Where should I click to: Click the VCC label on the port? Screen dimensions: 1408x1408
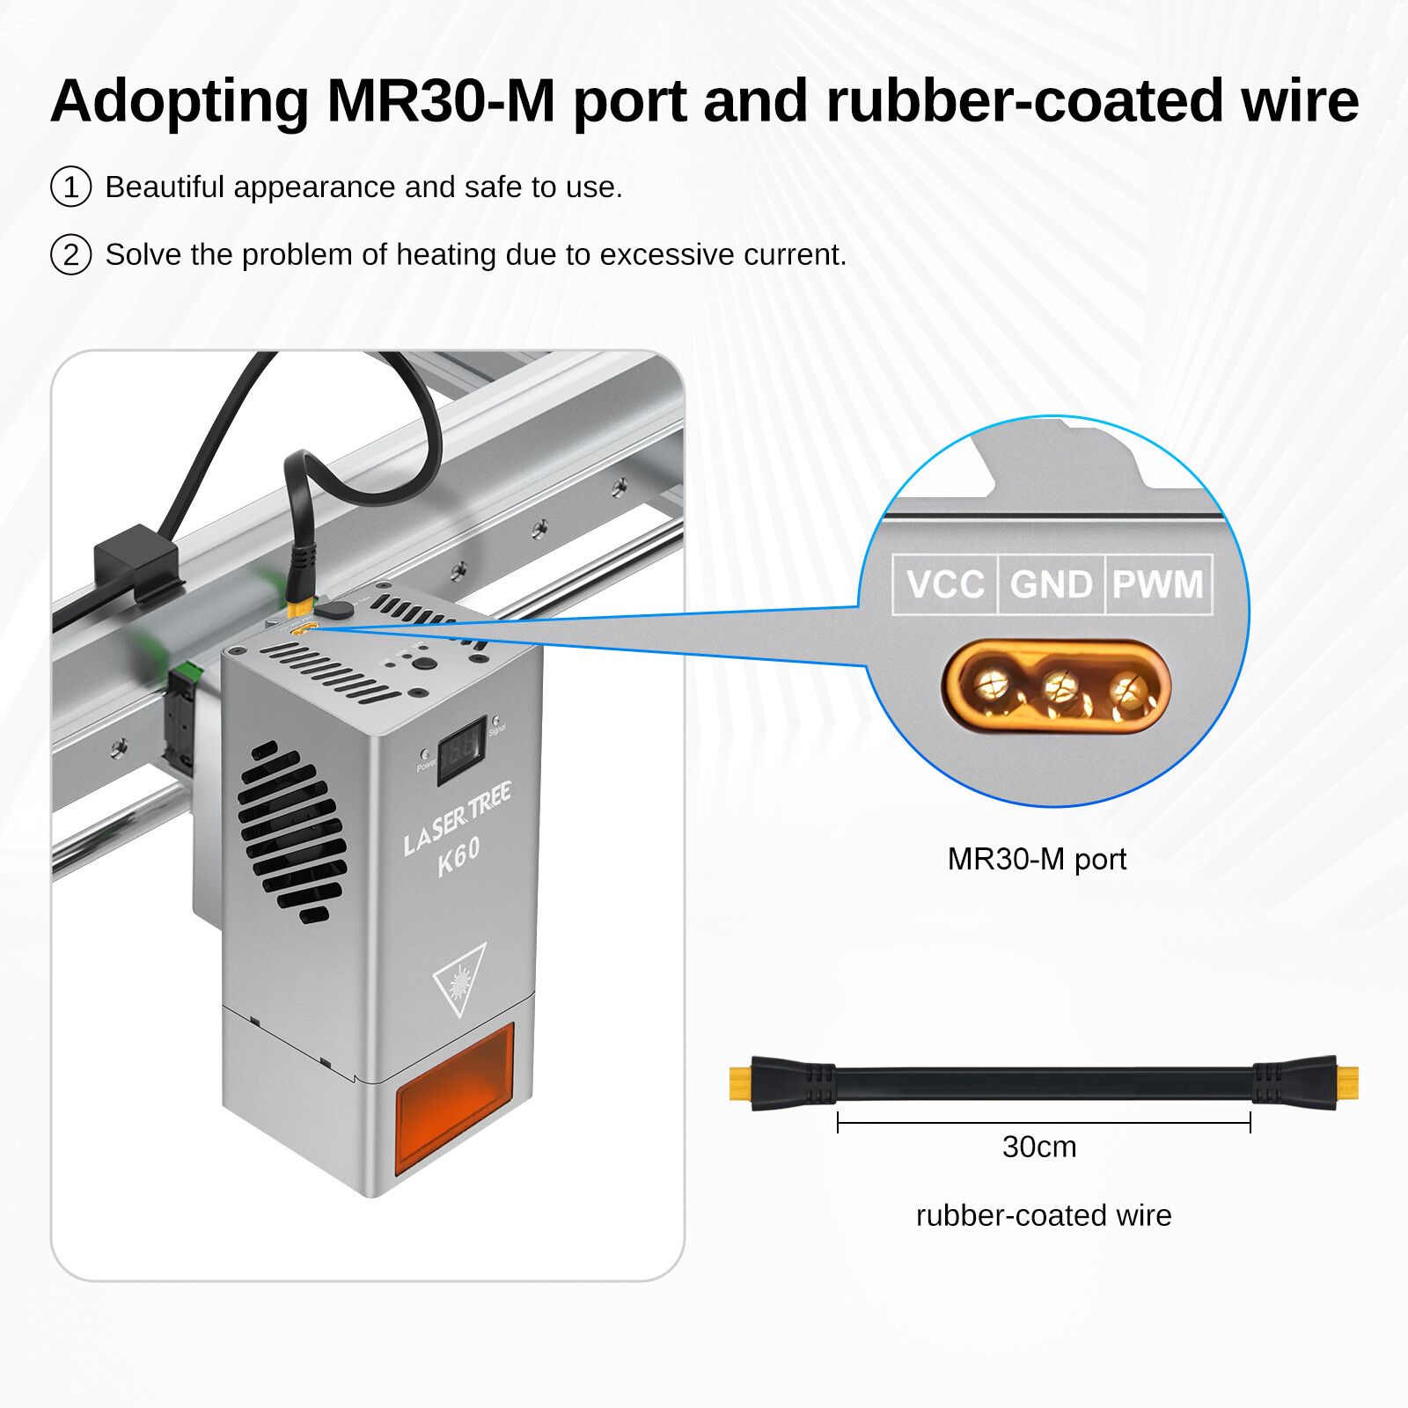pyautogui.click(x=945, y=584)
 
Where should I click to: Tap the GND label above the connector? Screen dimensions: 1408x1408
pyautogui.click(x=1051, y=584)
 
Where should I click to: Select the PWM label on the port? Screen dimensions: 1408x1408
pyautogui.click(x=1157, y=584)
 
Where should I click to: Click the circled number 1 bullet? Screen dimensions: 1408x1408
pyautogui.click(x=71, y=187)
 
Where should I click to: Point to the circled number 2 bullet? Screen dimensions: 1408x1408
pyautogui.click(x=71, y=254)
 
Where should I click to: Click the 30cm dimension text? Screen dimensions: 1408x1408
pyautogui.click(x=1039, y=1147)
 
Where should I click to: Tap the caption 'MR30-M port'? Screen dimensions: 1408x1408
pyautogui.click(x=1037, y=859)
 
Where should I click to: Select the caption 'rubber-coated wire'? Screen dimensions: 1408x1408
pyautogui.click(x=1044, y=1215)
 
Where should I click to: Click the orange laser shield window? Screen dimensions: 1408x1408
pyautogui.click(x=455, y=1096)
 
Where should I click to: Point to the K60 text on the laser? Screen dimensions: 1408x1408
pyautogui.click(x=459, y=855)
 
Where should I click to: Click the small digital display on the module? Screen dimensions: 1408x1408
pyautogui.click(x=462, y=749)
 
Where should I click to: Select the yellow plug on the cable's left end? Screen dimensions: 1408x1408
pyautogui.click(x=741, y=1083)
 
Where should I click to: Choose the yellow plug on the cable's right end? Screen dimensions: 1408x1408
pyautogui.click(x=1347, y=1083)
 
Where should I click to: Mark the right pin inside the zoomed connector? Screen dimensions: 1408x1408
pyautogui.click(x=1128, y=689)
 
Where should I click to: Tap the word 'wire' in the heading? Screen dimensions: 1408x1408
pyautogui.click(x=1300, y=100)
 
